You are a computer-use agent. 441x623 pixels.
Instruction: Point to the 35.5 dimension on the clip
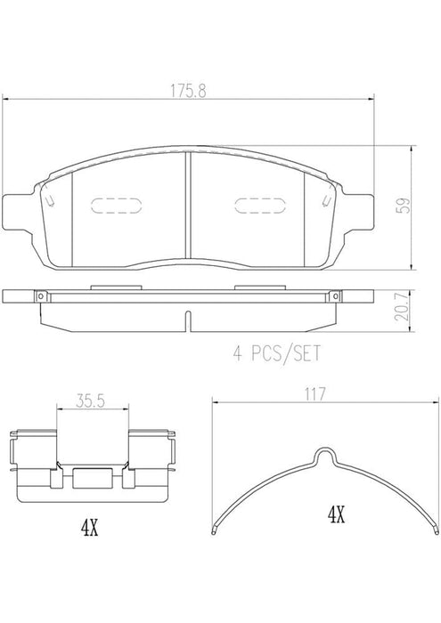(86, 402)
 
